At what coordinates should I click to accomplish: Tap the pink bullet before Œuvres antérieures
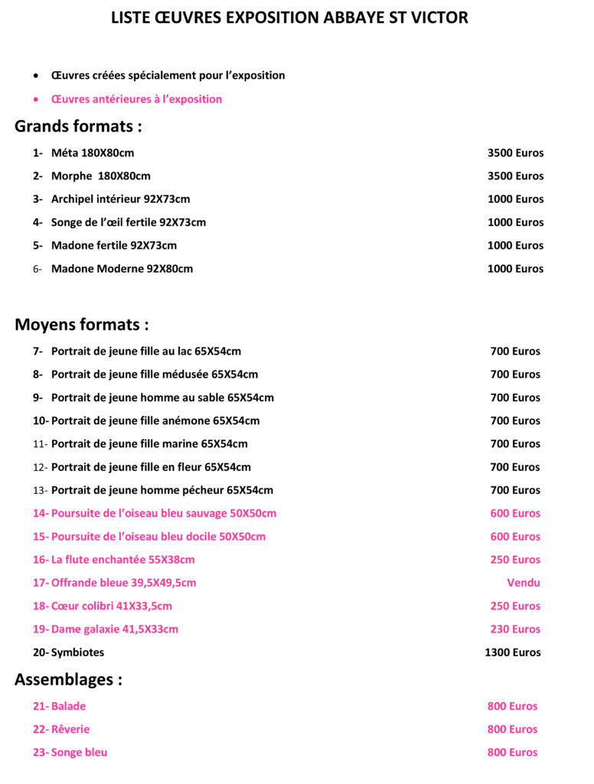[x=36, y=100]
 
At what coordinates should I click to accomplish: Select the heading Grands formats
[x=78, y=126]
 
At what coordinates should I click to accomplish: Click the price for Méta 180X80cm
[x=515, y=153]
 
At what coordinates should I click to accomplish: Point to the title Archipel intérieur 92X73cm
[x=120, y=199]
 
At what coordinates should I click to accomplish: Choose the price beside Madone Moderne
[x=515, y=269]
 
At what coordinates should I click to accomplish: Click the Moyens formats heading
[x=81, y=325]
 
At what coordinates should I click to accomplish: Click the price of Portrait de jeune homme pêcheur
[x=515, y=490]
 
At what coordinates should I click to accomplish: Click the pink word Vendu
[x=523, y=583]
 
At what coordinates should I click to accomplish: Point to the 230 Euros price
[x=515, y=629]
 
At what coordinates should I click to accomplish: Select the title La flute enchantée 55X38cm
[x=122, y=560]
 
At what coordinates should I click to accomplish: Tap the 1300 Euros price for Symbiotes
[x=512, y=653]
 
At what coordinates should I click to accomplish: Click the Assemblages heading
[x=68, y=679]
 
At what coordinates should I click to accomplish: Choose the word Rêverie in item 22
[x=70, y=730]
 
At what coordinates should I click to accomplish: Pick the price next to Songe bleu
[x=512, y=753]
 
